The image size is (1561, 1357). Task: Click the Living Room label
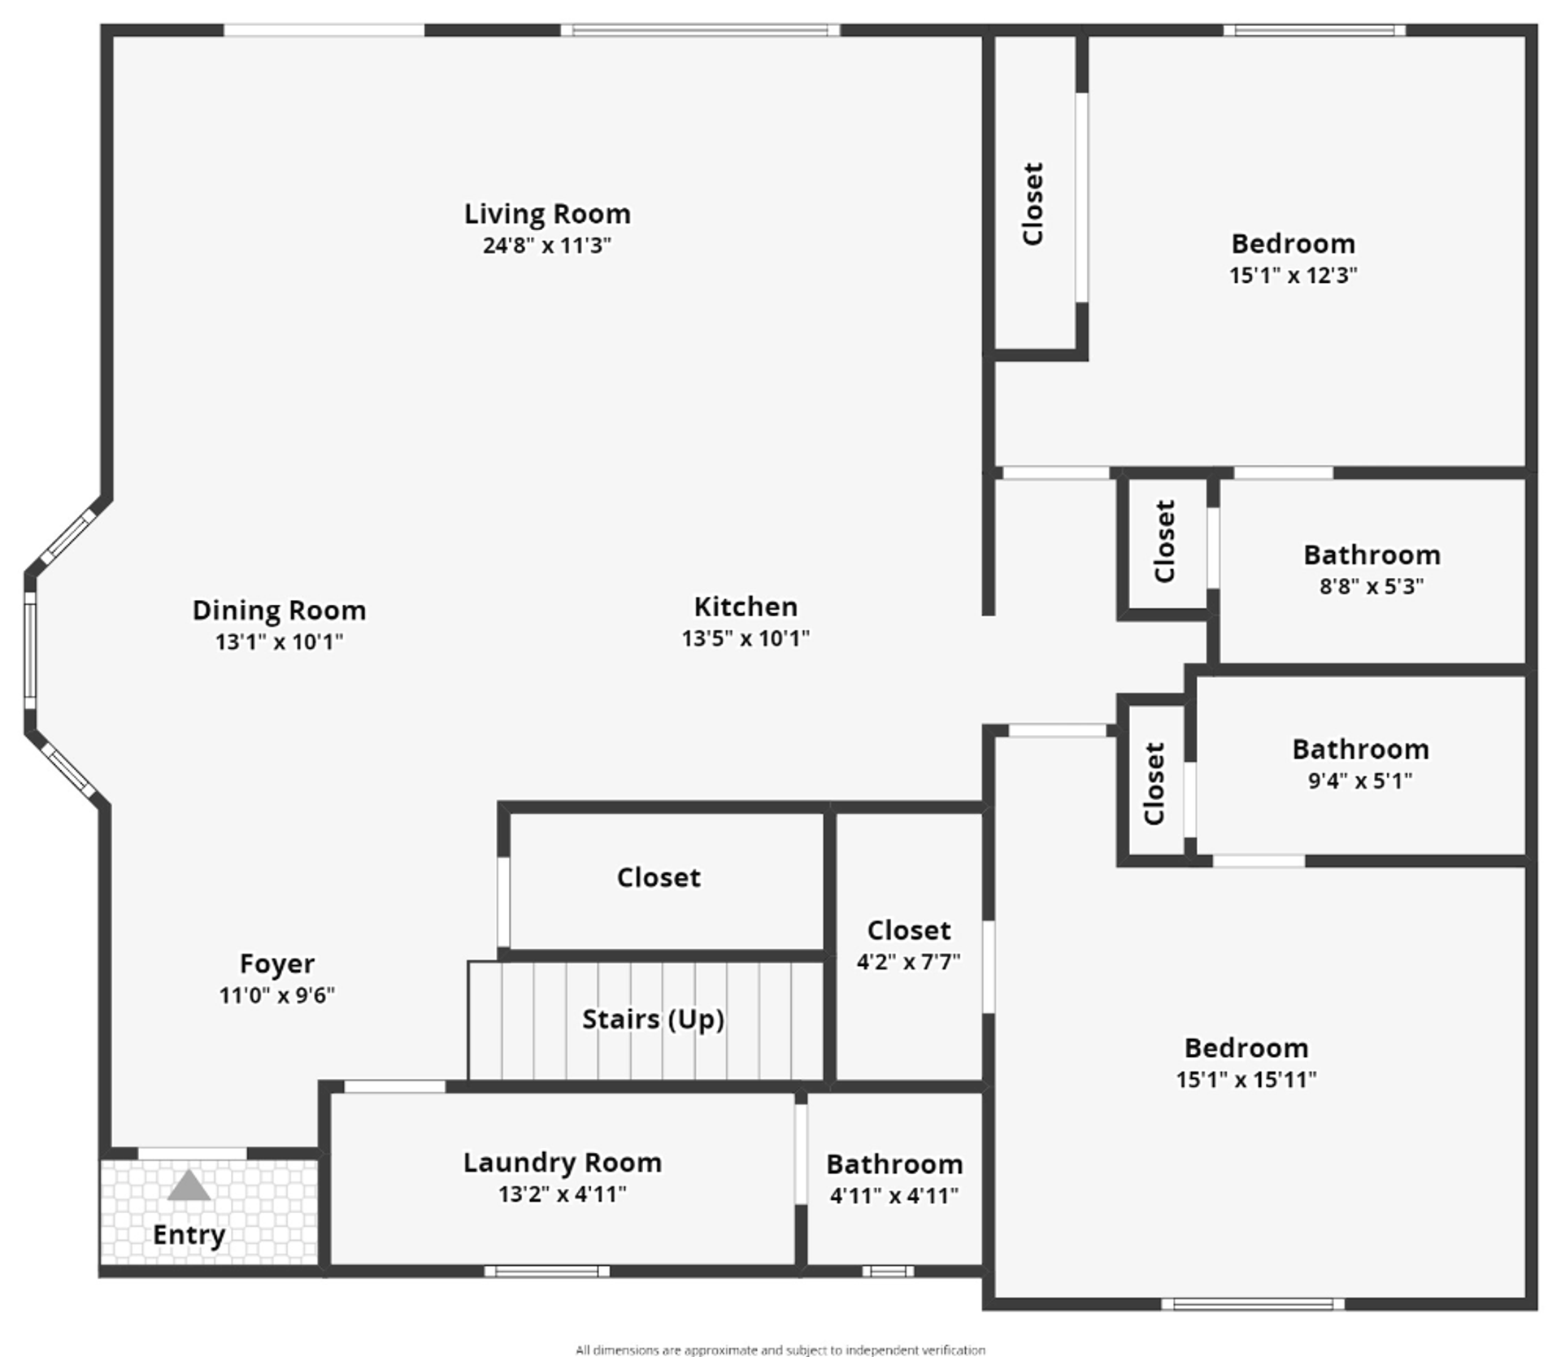tap(547, 214)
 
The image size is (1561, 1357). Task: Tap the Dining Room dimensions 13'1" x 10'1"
tap(279, 642)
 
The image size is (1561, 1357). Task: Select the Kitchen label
tap(746, 607)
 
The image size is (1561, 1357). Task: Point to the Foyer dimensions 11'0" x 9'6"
tap(276, 994)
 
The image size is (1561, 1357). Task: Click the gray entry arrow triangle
tap(189, 1187)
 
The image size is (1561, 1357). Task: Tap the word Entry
tap(189, 1234)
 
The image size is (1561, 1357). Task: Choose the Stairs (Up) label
tap(653, 1020)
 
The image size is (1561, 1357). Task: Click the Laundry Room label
tap(563, 1163)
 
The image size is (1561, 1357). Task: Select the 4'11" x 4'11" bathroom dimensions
tap(894, 1195)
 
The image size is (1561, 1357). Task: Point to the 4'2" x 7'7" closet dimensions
tap(908, 962)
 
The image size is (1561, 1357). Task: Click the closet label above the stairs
tap(659, 877)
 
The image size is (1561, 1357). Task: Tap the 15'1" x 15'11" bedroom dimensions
tap(1246, 1079)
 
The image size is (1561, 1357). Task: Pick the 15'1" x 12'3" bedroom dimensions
tap(1294, 275)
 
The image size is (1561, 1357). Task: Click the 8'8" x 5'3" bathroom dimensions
tap(1372, 585)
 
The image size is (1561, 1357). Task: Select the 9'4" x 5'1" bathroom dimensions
tap(1360, 781)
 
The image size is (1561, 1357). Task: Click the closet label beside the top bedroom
tap(1033, 204)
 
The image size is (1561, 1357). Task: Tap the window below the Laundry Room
tap(547, 1271)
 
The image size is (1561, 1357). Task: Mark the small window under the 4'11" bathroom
tap(888, 1271)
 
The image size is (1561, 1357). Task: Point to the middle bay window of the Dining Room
tap(30, 645)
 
